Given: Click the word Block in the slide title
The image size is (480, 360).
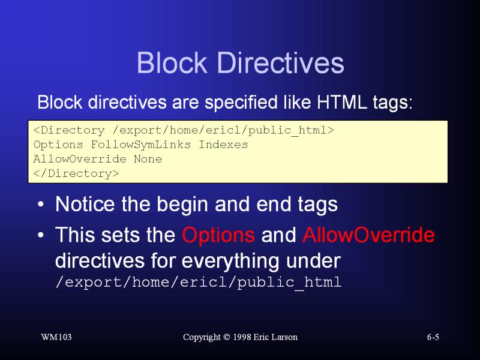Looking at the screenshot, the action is click(172, 62).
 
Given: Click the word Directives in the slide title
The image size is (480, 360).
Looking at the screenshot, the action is click(281, 62).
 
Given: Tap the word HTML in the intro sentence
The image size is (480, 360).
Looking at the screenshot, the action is click(341, 102).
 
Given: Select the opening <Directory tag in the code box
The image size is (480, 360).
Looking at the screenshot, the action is click(69, 130).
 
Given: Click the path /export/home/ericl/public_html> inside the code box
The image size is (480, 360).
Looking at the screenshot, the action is click(223, 131).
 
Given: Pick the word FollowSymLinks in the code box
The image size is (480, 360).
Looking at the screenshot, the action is click(141, 145).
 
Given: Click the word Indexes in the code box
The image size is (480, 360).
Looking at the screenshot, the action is click(223, 145).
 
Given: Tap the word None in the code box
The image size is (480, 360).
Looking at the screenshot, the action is click(148, 159).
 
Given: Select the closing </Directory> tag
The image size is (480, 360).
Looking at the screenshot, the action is click(76, 173).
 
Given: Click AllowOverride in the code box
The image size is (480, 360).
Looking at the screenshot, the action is click(80, 159).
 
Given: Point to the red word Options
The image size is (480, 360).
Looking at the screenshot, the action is click(218, 235).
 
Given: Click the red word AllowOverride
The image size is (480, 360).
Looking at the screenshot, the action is click(368, 235).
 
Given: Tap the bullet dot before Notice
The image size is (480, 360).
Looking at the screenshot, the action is click(41, 204).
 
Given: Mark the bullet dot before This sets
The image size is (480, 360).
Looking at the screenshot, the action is click(41, 235).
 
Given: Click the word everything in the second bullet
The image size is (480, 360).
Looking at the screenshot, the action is click(230, 261).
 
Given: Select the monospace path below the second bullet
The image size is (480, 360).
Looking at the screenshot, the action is click(199, 282).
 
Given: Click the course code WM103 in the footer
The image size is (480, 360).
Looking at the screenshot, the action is click(56, 337).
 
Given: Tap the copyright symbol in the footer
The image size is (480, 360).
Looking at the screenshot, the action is click(227, 337).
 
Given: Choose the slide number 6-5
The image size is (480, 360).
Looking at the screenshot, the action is click(433, 337).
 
